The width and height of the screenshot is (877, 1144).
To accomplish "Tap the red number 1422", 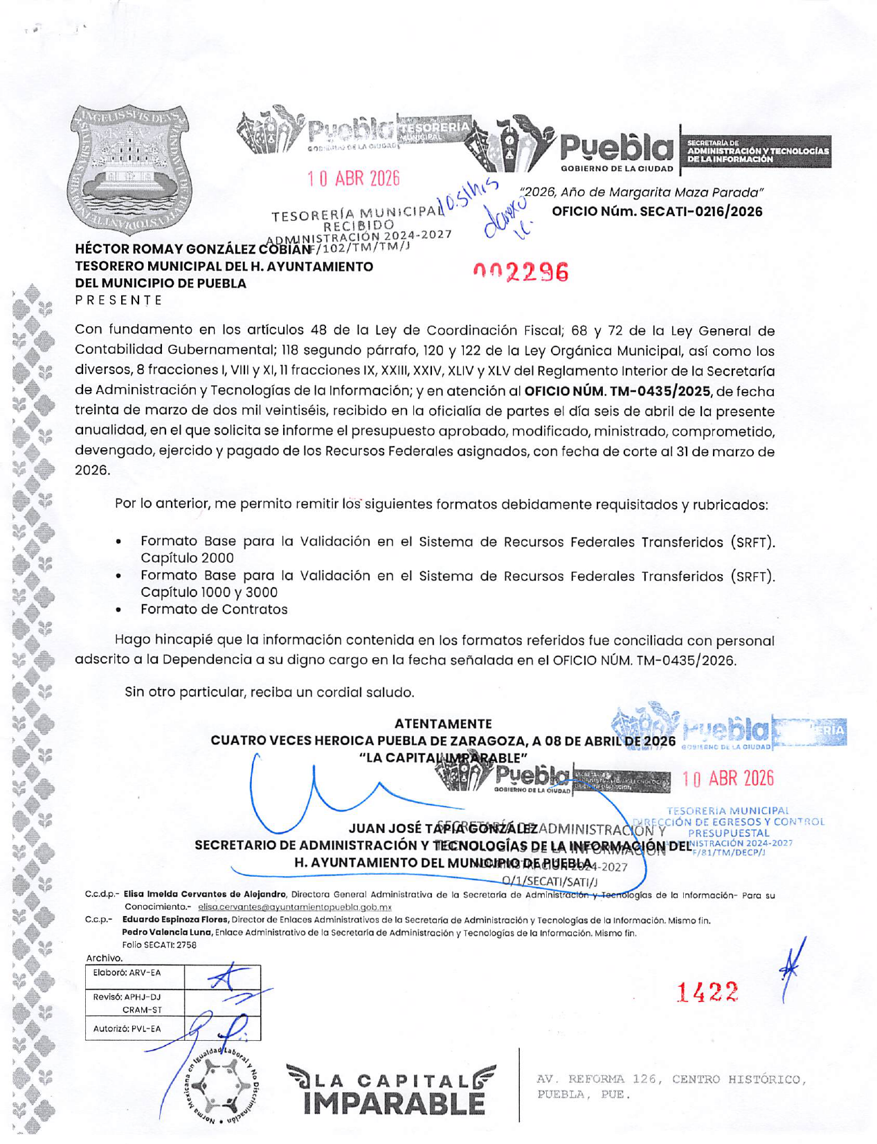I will coord(707,992).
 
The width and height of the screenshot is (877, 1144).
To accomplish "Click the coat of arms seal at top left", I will coord(130,171).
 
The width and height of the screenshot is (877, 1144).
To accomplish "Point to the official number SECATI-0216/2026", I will coord(657,211).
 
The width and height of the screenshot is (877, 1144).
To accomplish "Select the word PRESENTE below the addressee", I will coord(118,300).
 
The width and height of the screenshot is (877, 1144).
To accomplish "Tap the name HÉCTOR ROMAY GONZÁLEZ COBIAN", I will coord(193,249).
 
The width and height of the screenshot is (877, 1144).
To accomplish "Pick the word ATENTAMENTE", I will coord(443,724).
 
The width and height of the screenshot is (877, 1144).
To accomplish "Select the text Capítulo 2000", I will coord(187,558).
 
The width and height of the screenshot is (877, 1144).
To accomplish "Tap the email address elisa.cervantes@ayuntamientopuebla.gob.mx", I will coord(295,906).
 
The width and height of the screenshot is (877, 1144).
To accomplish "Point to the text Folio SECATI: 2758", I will coord(159,945).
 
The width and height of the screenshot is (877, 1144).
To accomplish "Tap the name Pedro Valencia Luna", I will coord(167,933).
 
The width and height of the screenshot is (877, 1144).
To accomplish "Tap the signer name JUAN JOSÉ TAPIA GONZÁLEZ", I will coord(443,829).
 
